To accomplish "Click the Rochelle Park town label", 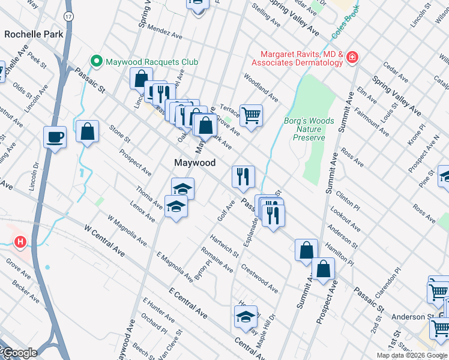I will (x=34, y=34).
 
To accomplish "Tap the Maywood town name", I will (x=194, y=163).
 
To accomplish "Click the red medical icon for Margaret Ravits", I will (x=352, y=58).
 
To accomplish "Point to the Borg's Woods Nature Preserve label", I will (x=309, y=129).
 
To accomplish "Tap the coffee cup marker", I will (x=55, y=137).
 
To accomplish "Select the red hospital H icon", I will (x=20, y=242).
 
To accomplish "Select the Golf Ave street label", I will (x=226, y=209).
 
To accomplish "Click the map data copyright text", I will (x=412, y=355).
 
